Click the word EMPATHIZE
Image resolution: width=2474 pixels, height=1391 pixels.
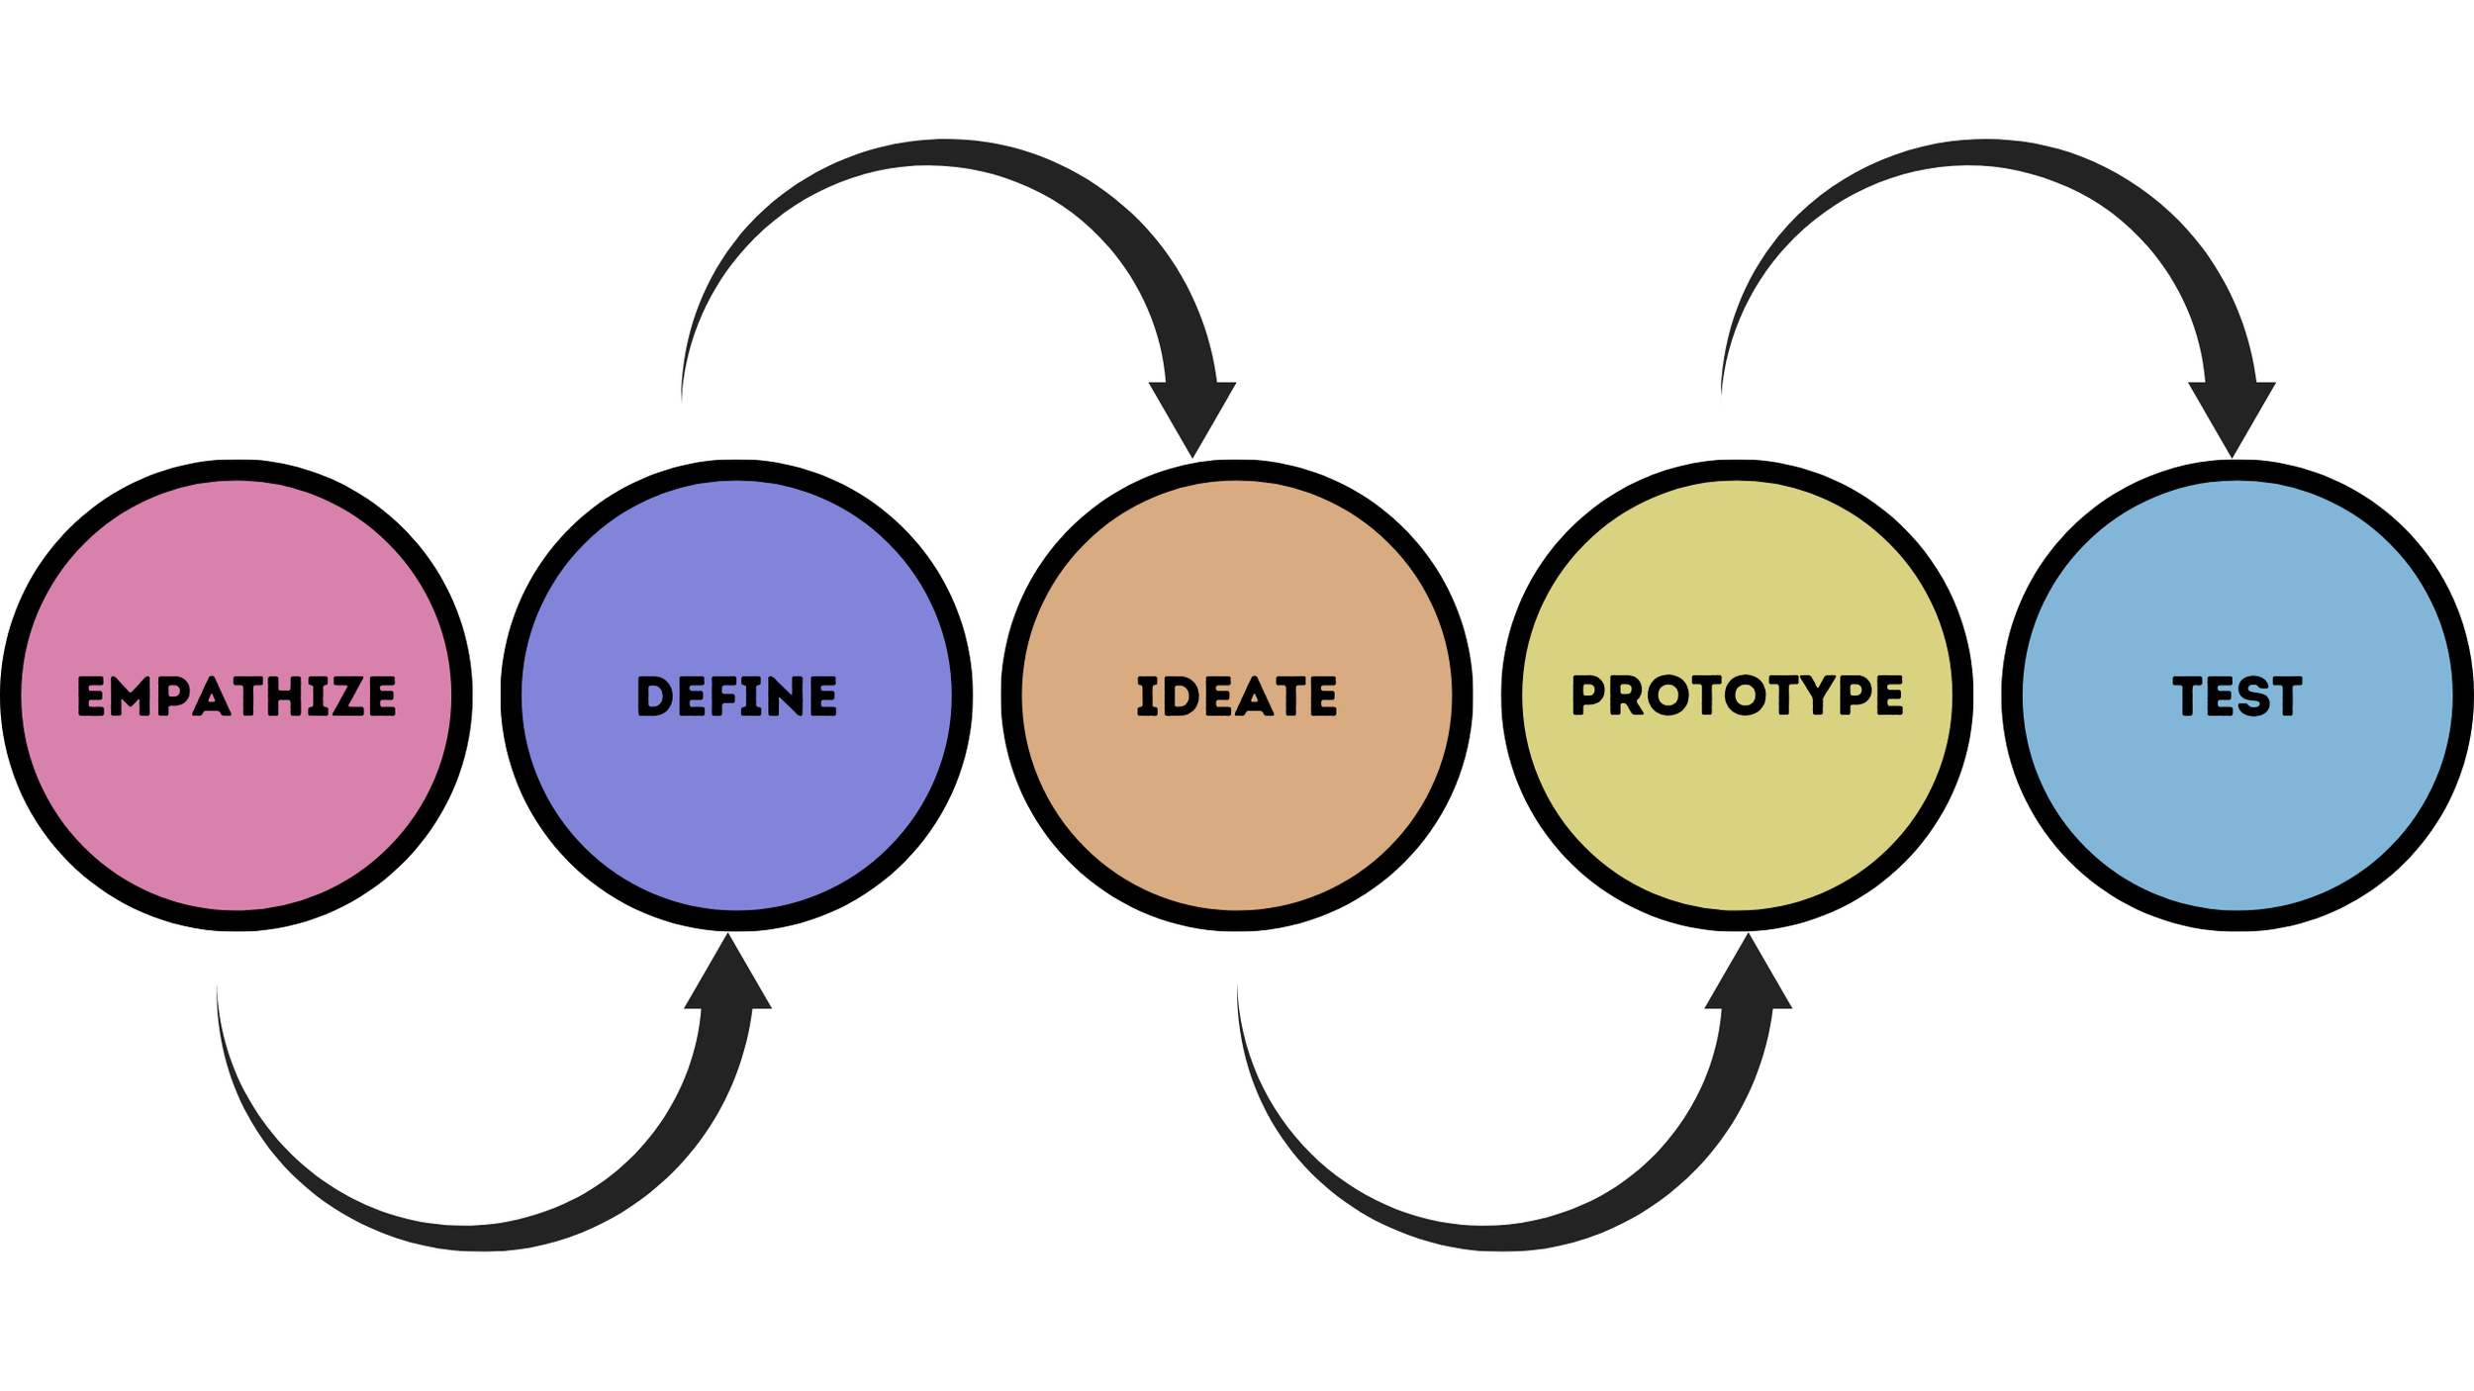[x=237, y=695]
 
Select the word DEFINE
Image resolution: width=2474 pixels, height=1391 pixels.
[x=737, y=695]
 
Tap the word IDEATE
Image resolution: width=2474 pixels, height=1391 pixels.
[x=1237, y=695]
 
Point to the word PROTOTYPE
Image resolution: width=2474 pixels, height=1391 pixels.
[x=1738, y=695]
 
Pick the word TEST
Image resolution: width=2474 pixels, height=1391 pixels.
[x=2237, y=695]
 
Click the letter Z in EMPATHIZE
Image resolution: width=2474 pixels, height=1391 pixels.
[x=348, y=695]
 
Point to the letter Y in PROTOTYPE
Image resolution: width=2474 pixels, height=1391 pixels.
[x=1818, y=695]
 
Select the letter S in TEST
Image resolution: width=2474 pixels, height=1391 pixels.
[x=2253, y=695]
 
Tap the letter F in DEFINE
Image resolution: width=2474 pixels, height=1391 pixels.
[x=723, y=695]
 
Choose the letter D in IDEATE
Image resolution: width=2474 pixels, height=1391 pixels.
[x=1183, y=695]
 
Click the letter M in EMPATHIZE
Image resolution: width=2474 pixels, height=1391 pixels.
[x=130, y=695]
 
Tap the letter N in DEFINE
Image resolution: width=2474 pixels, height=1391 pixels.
[x=785, y=695]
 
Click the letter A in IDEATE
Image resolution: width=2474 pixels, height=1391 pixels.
[x=1254, y=695]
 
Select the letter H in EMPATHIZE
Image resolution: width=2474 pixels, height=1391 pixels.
[x=284, y=695]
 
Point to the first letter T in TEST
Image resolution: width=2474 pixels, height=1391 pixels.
[x=2188, y=695]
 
